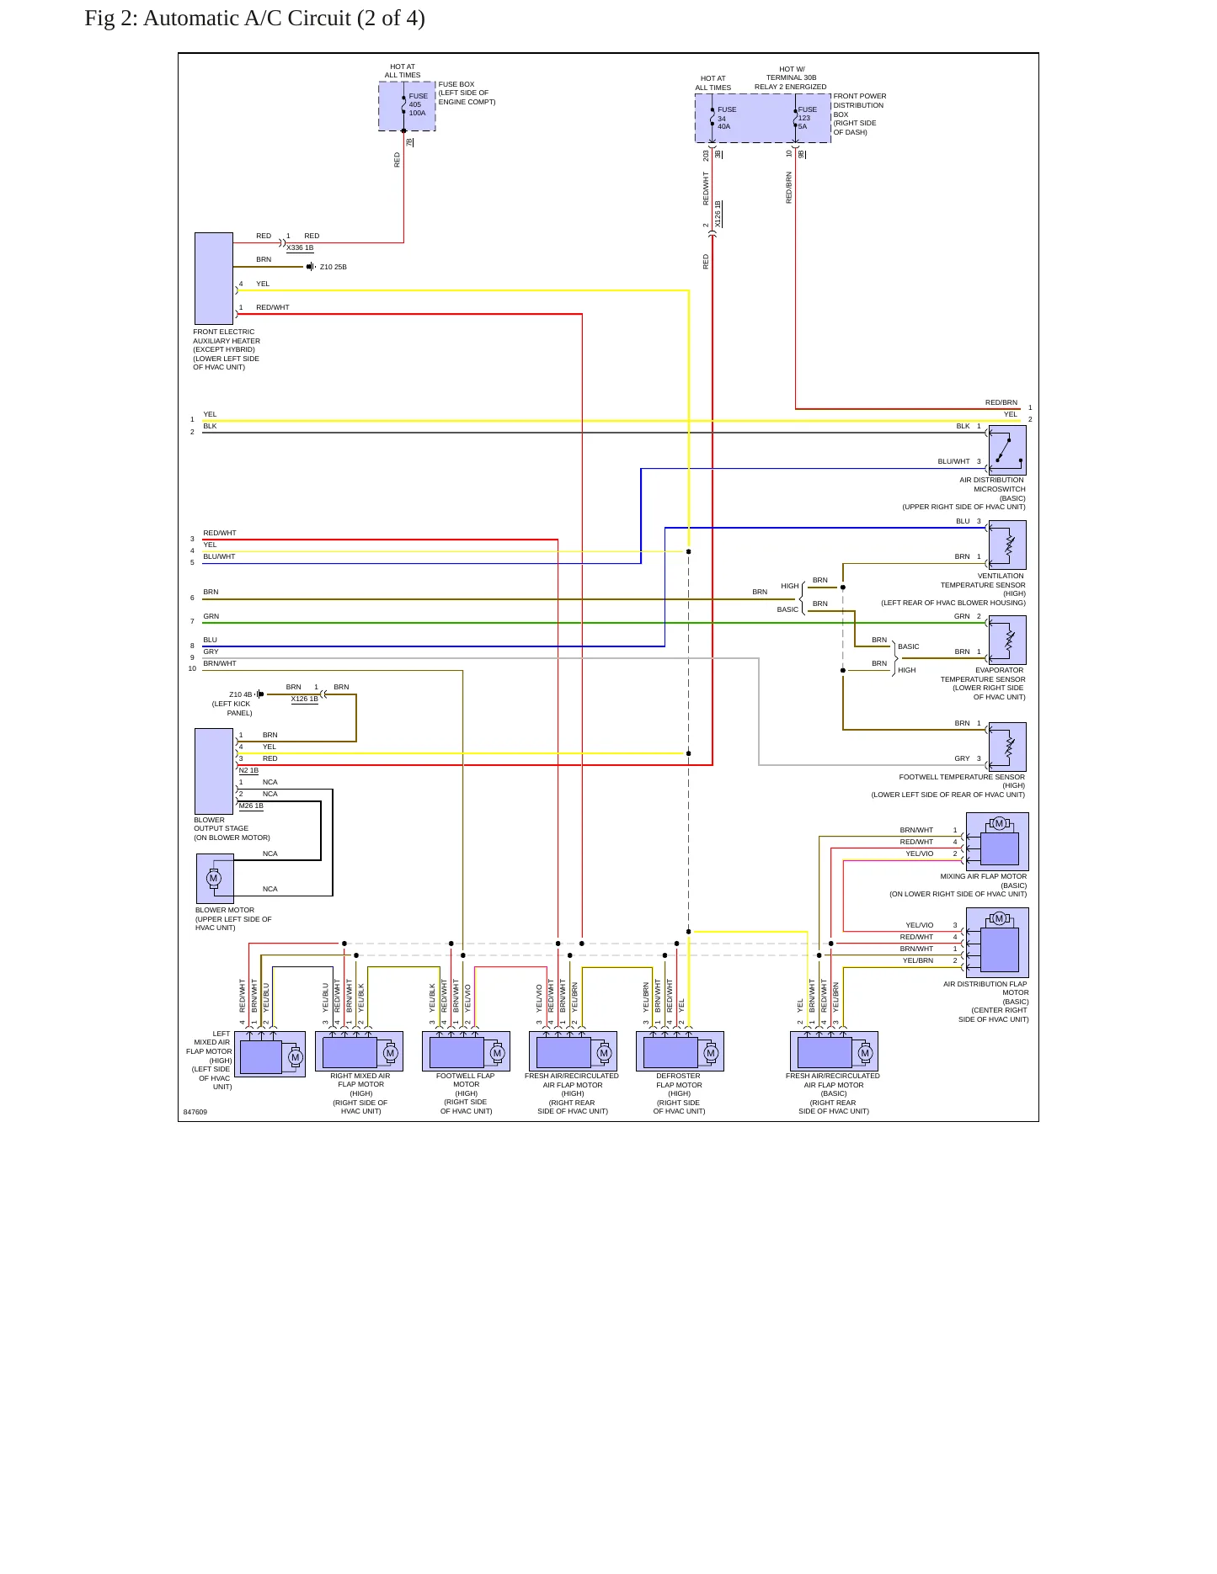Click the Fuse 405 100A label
[418, 104]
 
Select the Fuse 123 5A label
[807, 118]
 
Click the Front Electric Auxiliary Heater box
[214, 279]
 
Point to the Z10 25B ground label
[334, 267]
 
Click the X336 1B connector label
[300, 247]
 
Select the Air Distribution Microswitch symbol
[1007, 450]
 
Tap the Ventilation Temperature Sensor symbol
[1007, 545]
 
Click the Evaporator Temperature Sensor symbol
[1007, 640]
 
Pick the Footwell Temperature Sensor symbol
[1007, 747]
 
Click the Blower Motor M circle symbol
[214, 878]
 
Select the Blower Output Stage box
[214, 771]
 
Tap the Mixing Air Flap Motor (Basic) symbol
[997, 842]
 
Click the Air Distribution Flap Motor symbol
[997, 943]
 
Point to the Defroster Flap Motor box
[680, 1051]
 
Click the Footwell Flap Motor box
[466, 1051]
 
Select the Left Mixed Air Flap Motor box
[270, 1054]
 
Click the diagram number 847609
[195, 1112]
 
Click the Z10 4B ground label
[241, 694]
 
